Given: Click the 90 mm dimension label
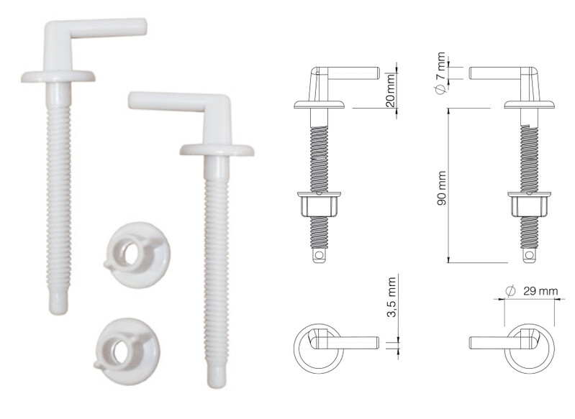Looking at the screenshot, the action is tap(442, 188).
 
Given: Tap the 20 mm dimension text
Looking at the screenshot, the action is tap(391, 90).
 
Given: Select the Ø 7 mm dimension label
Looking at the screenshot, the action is tap(440, 72).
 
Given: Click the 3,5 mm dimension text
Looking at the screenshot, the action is tap(391, 297).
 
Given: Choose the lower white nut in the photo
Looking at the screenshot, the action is tap(127, 351).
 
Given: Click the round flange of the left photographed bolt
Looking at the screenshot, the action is tap(58, 76).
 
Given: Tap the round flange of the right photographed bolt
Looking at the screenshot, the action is tap(217, 149).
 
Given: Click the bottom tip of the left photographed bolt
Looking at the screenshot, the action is tap(58, 311).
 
